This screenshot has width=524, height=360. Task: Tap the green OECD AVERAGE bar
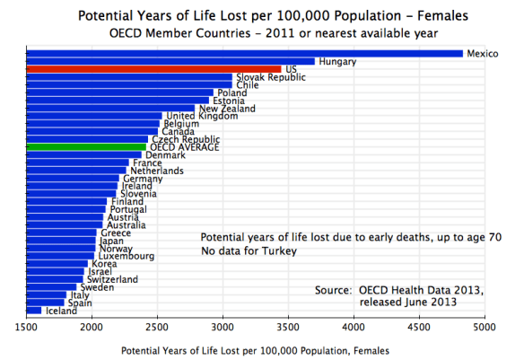click(86, 146)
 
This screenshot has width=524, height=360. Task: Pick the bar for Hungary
click(170, 61)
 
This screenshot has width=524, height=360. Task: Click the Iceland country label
click(62, 311)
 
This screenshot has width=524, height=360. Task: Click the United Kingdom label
click(203, 116)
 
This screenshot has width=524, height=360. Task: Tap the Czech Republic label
click(186, 139)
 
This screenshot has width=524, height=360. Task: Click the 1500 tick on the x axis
click(27, 328)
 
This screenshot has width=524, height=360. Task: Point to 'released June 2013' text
click(408, 303)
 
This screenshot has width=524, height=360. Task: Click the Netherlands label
click(157, 171)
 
